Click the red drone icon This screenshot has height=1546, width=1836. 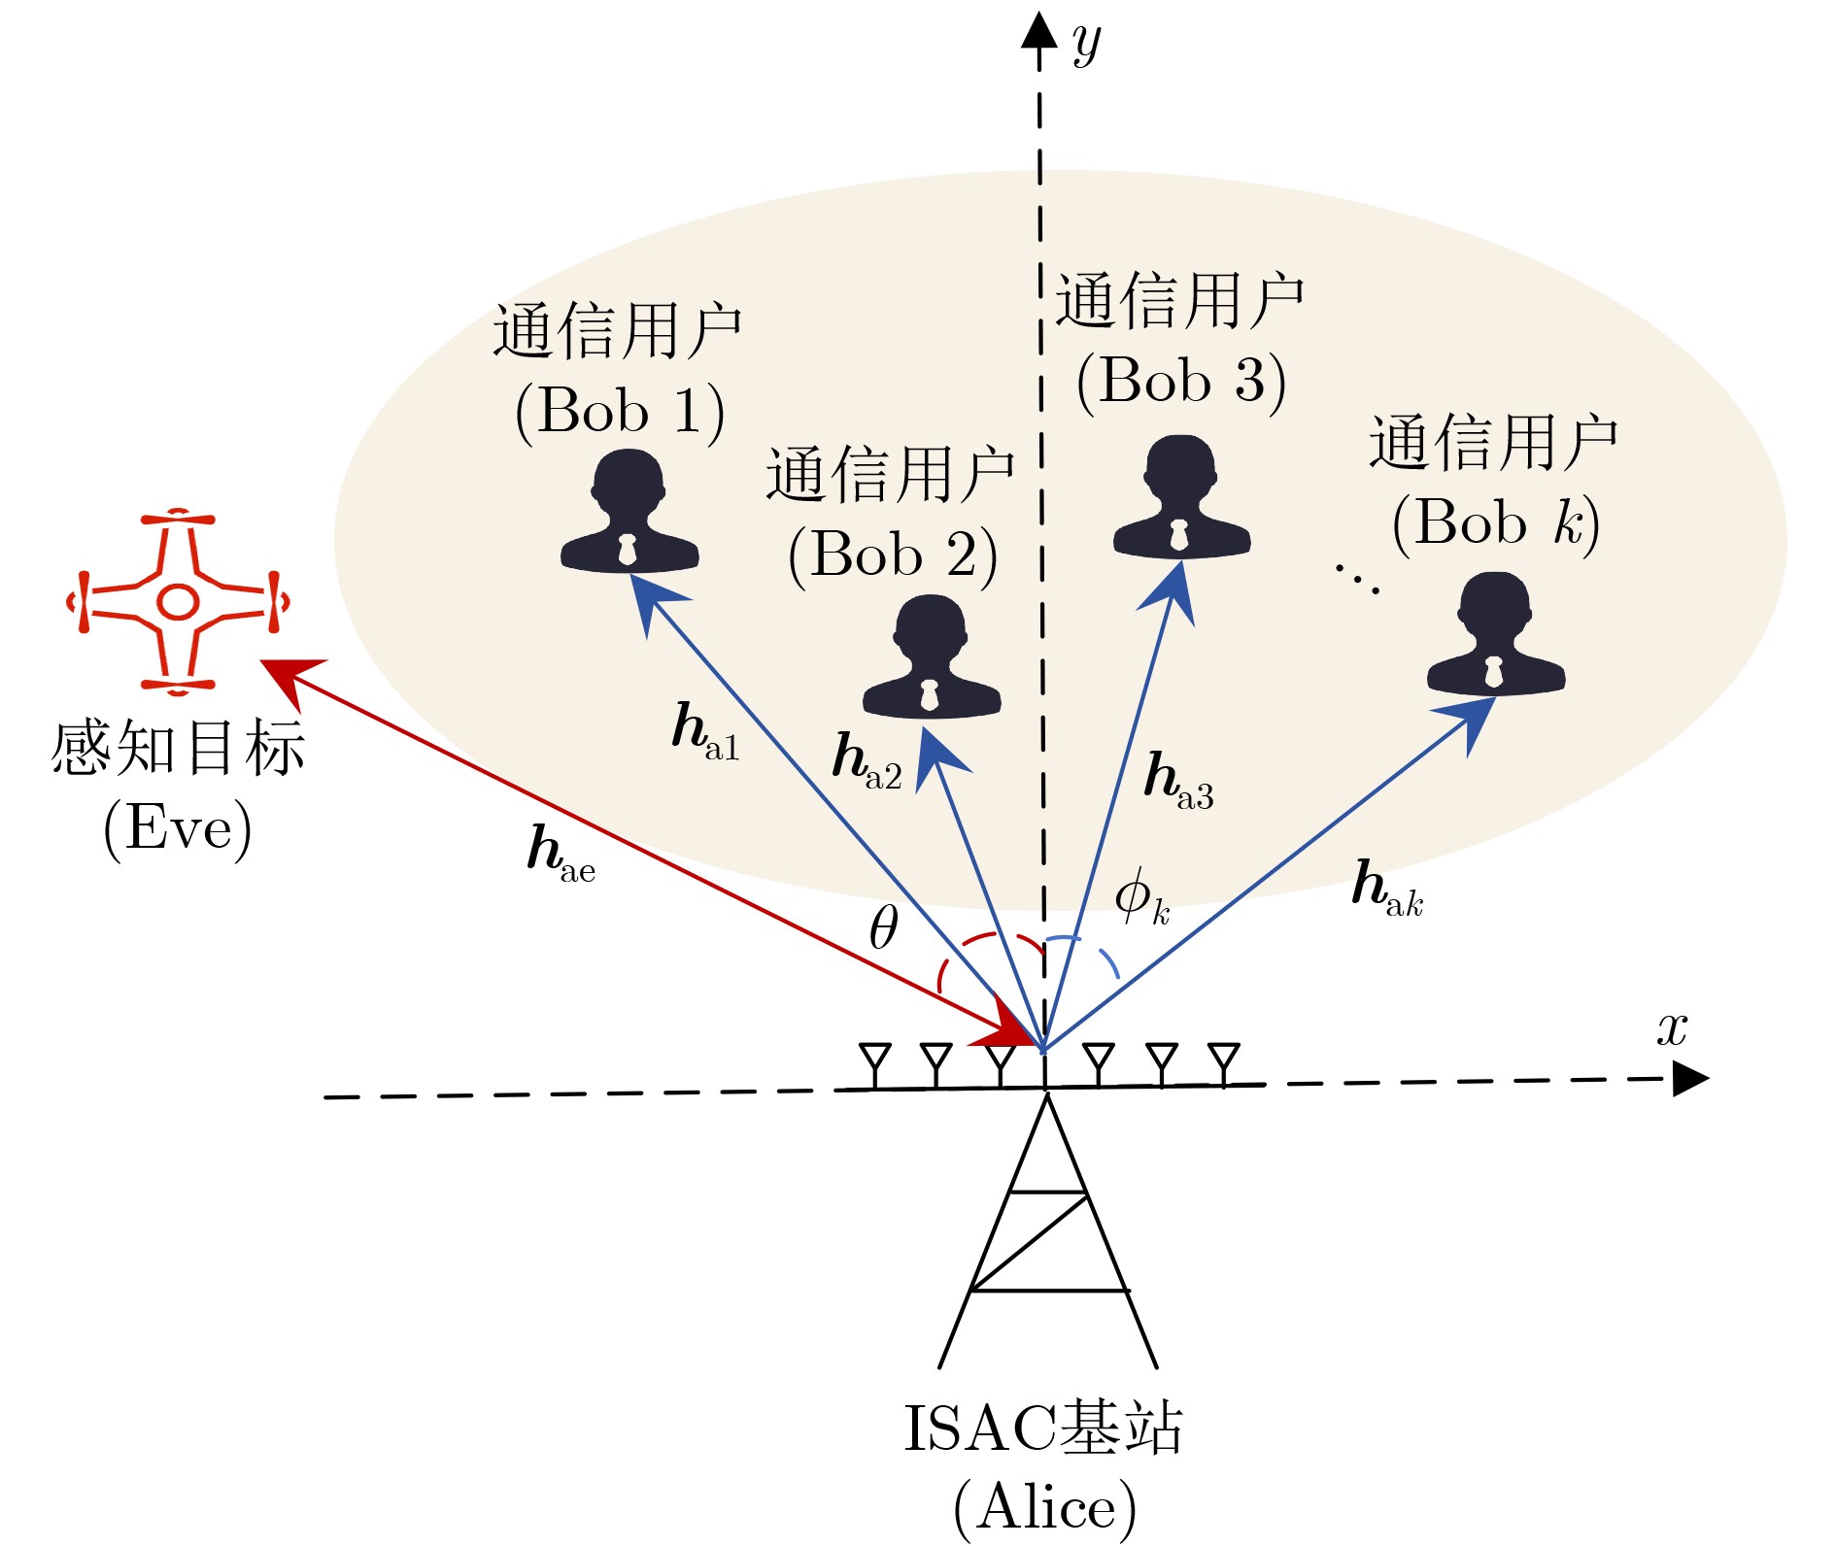[x=178, y=602]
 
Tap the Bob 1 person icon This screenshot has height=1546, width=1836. [x=629, y=513]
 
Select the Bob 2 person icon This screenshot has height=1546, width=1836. [x=932, y=657]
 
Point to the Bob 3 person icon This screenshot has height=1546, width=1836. [x=1181, y=499]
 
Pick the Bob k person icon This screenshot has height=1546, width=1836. [x=1495, y=635]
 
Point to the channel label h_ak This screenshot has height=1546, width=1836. [x=1387, y=889]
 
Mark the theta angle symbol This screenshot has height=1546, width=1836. [x=883, y=927]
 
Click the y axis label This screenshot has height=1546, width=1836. [x=1087, y=44]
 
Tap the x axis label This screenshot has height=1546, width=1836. [x=1672, y=1028]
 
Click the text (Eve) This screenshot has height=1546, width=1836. [x=178, y=828]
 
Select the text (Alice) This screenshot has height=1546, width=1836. [x=1044, y=1507]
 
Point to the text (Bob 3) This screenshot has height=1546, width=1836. [x=1181, y=382]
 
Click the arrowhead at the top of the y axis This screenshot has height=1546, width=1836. [x=1038, y=31]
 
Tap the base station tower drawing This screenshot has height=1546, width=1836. [x=1047, y=1233]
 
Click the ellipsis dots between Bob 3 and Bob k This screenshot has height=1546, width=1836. [x=1357, y=578]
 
